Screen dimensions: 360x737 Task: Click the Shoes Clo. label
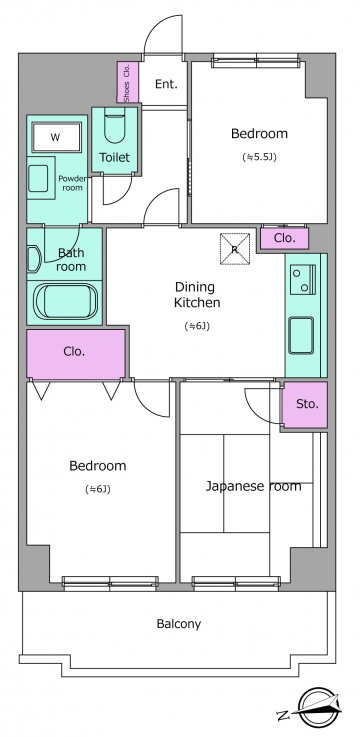[x=127, y=82]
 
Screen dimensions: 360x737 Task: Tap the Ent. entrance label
[x=166, y=84]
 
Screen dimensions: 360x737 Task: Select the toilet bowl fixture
[x=115, y=125]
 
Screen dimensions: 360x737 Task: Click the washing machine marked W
[x=56, y=137]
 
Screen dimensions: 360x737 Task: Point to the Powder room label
[x=72, y=183]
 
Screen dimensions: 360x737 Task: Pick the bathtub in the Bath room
[x=66, y=301]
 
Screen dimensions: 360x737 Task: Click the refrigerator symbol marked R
[x=235, y=249]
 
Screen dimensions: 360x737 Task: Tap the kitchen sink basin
[x=301, y=335]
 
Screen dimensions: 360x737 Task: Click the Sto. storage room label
[x=307, y=404]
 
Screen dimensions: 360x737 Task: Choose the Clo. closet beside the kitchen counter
[x=285, y=238]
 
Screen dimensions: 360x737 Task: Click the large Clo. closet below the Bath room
[x=75, y=353]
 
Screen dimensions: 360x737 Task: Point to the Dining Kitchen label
[x=197, y=295]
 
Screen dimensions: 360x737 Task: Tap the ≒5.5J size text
[x=259, y=157]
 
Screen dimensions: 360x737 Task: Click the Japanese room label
[x=253, y=486]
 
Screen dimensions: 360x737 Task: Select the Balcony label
[x=179, y=624]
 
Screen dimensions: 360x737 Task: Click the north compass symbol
[x=310, y=708]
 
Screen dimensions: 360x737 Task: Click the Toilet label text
[x=114, y=157]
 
